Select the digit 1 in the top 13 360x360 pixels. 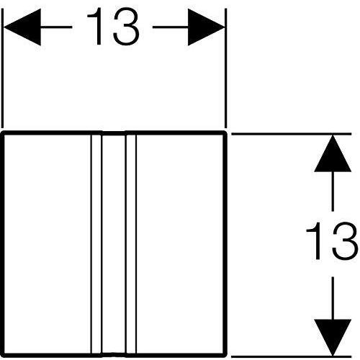click(96, 27)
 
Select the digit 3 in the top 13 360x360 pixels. click(126, 27)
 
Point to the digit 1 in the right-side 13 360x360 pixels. click(314, 240)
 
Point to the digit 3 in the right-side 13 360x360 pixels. click(346, 240)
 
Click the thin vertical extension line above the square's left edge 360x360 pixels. click(2, 68)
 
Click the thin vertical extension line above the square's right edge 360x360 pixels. click(226, 68)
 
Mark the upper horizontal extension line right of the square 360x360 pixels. click(292, 134)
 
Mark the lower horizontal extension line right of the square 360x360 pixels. click(292, 357)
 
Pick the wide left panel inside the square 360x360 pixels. click(48, 244)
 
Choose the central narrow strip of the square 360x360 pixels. click(114, 244)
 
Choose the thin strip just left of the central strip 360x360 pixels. click(96, 244)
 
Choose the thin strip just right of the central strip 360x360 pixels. click(131, 244)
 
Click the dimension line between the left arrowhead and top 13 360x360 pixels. click(57, 27)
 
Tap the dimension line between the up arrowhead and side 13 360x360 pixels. click(333, 192)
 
